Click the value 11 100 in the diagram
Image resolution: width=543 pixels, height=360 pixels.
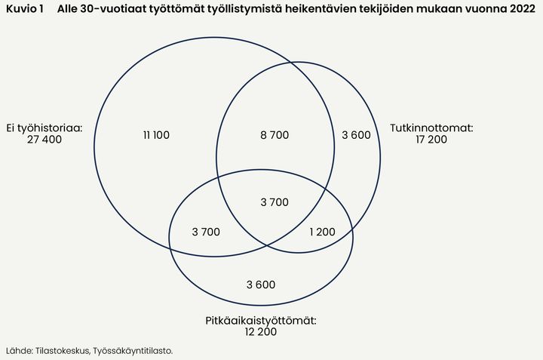(x=156, y=135)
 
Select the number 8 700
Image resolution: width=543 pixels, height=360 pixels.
(x=275, y=135)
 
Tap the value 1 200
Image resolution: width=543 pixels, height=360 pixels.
(x=322, y=232)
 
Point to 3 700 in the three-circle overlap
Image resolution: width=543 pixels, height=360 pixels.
(x=275, y=202)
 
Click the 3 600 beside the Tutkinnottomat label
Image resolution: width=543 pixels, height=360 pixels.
(x=356, y=135)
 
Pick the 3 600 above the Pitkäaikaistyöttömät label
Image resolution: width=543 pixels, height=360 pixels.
(x=261, y=285)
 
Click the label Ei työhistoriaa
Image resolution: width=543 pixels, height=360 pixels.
(x=44, y=128)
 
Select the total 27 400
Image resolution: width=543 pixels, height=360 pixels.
(x=44, y=140)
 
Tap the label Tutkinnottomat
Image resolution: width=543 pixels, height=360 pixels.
(x=431, y=128)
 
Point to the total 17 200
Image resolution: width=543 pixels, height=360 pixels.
(x=431, y=140)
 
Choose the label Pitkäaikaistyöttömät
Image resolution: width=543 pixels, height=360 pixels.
(x=261, y=321)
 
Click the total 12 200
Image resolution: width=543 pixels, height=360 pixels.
(x=261, y=332)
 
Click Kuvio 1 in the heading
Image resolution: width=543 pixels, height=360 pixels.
(x=25, y=8)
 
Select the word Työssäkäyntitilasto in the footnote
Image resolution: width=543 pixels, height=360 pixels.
(x=133, y=351)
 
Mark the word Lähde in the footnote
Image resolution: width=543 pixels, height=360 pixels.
(x=20, y=351)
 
